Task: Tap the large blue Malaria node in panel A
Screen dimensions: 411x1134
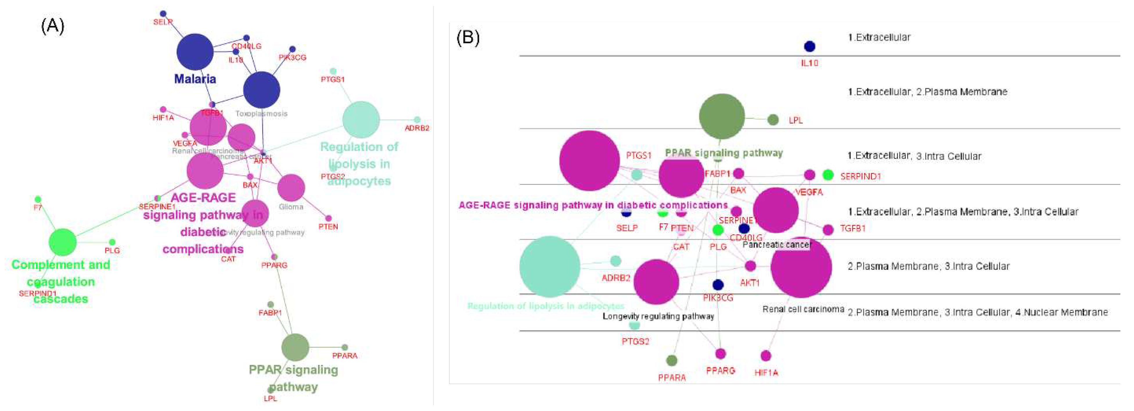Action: [x=195, y=52]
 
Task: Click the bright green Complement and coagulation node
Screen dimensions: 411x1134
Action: [x=62, y=242]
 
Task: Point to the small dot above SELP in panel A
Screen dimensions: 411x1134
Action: [x=163, y=14]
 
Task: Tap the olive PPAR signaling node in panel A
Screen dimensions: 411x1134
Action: [x=295, y=347]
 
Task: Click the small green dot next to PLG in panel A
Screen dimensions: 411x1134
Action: [x=112, y=242]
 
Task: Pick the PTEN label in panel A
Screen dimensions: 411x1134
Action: [x=328, y=227]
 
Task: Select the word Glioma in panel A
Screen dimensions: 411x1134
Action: [x=291, y=207]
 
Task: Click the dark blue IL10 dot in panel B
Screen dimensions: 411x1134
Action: [x=809, y=46]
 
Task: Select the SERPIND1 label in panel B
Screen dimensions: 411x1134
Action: [x=860, y=177]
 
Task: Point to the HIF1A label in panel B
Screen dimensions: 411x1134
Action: [x=766, y=373]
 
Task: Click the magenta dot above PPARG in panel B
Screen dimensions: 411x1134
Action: [x=720, y=353]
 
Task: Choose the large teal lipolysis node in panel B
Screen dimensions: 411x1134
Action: [x=549, y=266]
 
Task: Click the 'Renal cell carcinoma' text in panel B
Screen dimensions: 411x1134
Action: [x=803, y=309]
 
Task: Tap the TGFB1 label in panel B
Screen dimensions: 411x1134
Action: [x=853, y=229]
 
